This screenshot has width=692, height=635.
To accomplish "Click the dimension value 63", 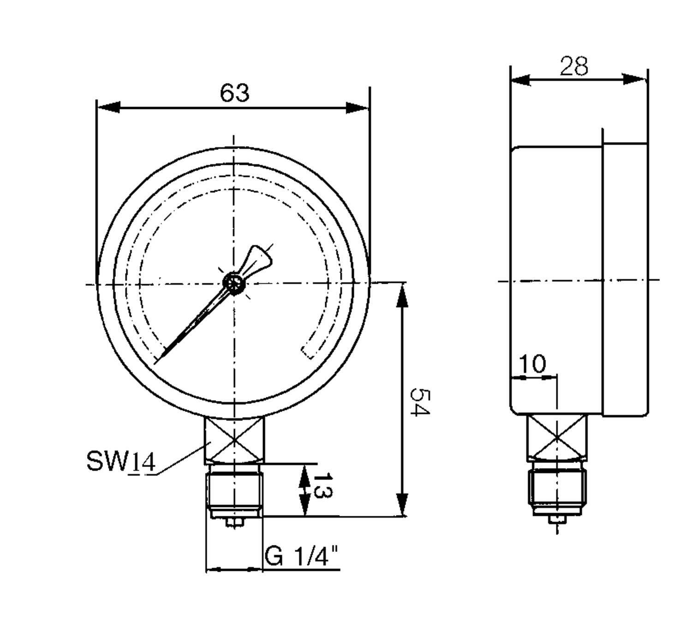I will tap(235, 93).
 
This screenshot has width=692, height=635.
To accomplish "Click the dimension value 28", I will tap(574, 66).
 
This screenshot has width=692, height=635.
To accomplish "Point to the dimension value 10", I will tap(532, 364).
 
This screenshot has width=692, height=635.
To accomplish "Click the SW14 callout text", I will tap(121, 461).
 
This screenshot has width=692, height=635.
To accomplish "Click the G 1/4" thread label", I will tap(302, 556).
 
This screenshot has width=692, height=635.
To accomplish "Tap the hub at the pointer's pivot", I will tap(233, 282).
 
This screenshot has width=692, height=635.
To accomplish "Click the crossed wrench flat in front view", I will tap(235, 439).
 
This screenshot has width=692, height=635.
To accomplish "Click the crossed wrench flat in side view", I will tap(557, 437).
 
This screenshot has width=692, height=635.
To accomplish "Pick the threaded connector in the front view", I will tap(235, 490).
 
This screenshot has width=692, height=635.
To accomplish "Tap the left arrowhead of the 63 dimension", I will tap(108, 108).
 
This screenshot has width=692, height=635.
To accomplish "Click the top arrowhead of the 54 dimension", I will tap(403, 295).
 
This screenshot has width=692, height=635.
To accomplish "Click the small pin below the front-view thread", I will tap(235, 522).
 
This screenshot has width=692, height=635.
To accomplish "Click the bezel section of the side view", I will tap(625, 279).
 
